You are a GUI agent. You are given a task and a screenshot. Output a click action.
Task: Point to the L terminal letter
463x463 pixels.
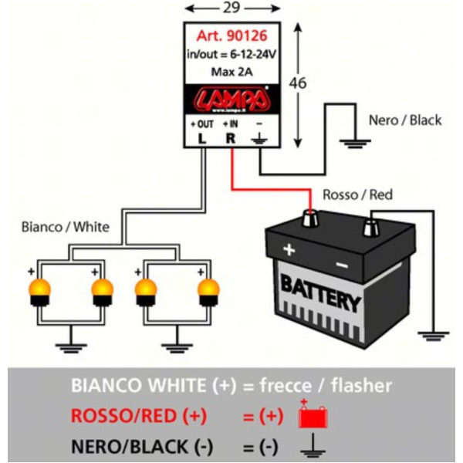pyautogui.click(x=201, y=139)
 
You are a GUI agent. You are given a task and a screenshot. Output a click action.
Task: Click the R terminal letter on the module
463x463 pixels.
pyautogui.click(x=229, y=139)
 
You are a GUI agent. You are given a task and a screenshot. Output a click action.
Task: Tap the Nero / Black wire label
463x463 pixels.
pyautogui.click(x=404, y=120)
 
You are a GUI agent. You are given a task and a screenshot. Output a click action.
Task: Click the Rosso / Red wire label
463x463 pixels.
pyautogui.click(x=357, y=195)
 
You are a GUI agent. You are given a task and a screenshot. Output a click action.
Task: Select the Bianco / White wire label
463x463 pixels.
pyautogui.click(x=66, y=227)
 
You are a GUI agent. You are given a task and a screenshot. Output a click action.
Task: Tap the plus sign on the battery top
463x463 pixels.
pyautogui.click(x=289, y=249)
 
